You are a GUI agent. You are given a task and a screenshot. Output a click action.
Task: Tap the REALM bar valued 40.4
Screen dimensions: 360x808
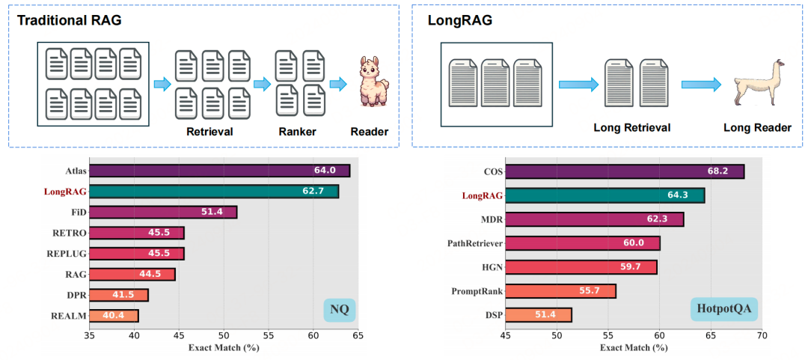[x=114, y=315]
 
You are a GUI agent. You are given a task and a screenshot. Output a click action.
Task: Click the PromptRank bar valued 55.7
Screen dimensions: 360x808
[x=560, y=290]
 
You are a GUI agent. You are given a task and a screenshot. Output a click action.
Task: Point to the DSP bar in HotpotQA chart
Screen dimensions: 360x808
[x=539, y=314]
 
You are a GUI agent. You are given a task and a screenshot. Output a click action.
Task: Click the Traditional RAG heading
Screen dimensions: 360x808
[x=69, y=20]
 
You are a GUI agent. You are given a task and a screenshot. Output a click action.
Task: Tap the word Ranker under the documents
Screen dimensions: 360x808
[x=296, y=132]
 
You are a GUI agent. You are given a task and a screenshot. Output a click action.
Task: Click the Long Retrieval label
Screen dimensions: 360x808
[x=631, y=127]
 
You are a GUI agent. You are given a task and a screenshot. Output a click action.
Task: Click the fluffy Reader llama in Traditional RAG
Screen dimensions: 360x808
[x=370, y=81]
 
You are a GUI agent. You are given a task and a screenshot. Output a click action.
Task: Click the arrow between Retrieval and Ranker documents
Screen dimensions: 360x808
[x=262, y=84]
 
